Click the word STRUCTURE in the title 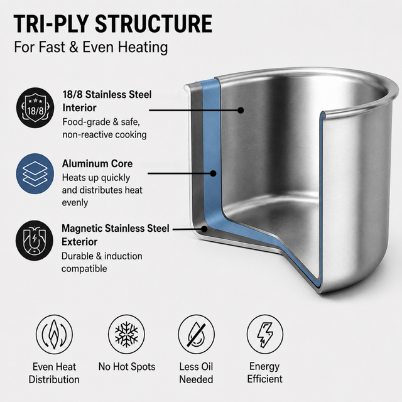pyautogui.click(x=153, y=24)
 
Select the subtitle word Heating pyautogui.click(x=143, y=48)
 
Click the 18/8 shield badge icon pyautogui.click(x=35, y=107)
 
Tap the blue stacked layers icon pyautogui.click(x=35, y=173)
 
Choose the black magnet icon pyautogui.click(x=35, y=241)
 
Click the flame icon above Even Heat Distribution pyautogui.click(x=55, y=334)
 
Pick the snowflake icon pyautogui.click(x=126, y=334)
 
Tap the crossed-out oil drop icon pyautogui.click(x=197, y=334)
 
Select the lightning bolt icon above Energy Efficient pyautogui.click(x=265, y=334)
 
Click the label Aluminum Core pyautogui.click(x=97, y=163)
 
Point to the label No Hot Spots pyautogui.click(x=127, y=367)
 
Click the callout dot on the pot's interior pyautogui.click(x=241, y=111)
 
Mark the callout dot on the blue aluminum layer pyautogui.click(x=213, y=173)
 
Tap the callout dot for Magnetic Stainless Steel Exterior pyautogui.click(x=204, y=229)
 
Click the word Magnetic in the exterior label pyautogui.click(x=82, y=229)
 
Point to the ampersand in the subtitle pyautogui.click(x=73, y=48)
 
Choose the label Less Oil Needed pyautogui.click(x=196, y=372)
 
